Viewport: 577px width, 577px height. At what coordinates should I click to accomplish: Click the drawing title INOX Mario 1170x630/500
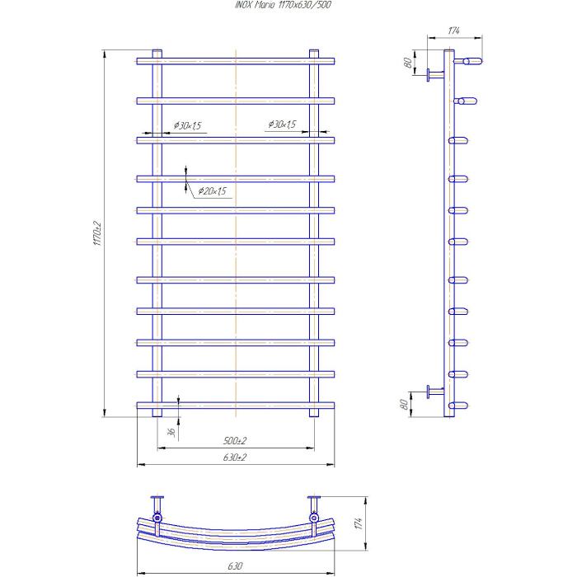tap(283, 4)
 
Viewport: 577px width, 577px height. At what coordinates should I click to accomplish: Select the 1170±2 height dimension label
tap(97, 233)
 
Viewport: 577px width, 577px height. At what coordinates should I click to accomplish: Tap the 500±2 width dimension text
tap(235, 440)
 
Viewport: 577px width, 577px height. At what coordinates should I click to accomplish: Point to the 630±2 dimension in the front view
tap(235, 457)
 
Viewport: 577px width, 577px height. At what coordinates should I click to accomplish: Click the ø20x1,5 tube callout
tap(213, 191)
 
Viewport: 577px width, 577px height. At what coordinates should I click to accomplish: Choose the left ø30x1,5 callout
tap(188, 125)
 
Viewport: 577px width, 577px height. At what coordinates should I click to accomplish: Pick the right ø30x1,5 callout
tap(282, 124)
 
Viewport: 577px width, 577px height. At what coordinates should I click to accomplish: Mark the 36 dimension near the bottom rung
tap(171, 432)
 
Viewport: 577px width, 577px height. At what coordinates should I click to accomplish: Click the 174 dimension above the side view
tap(453, 30)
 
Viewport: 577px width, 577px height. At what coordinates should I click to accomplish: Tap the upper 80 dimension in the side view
tap(408, 63)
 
